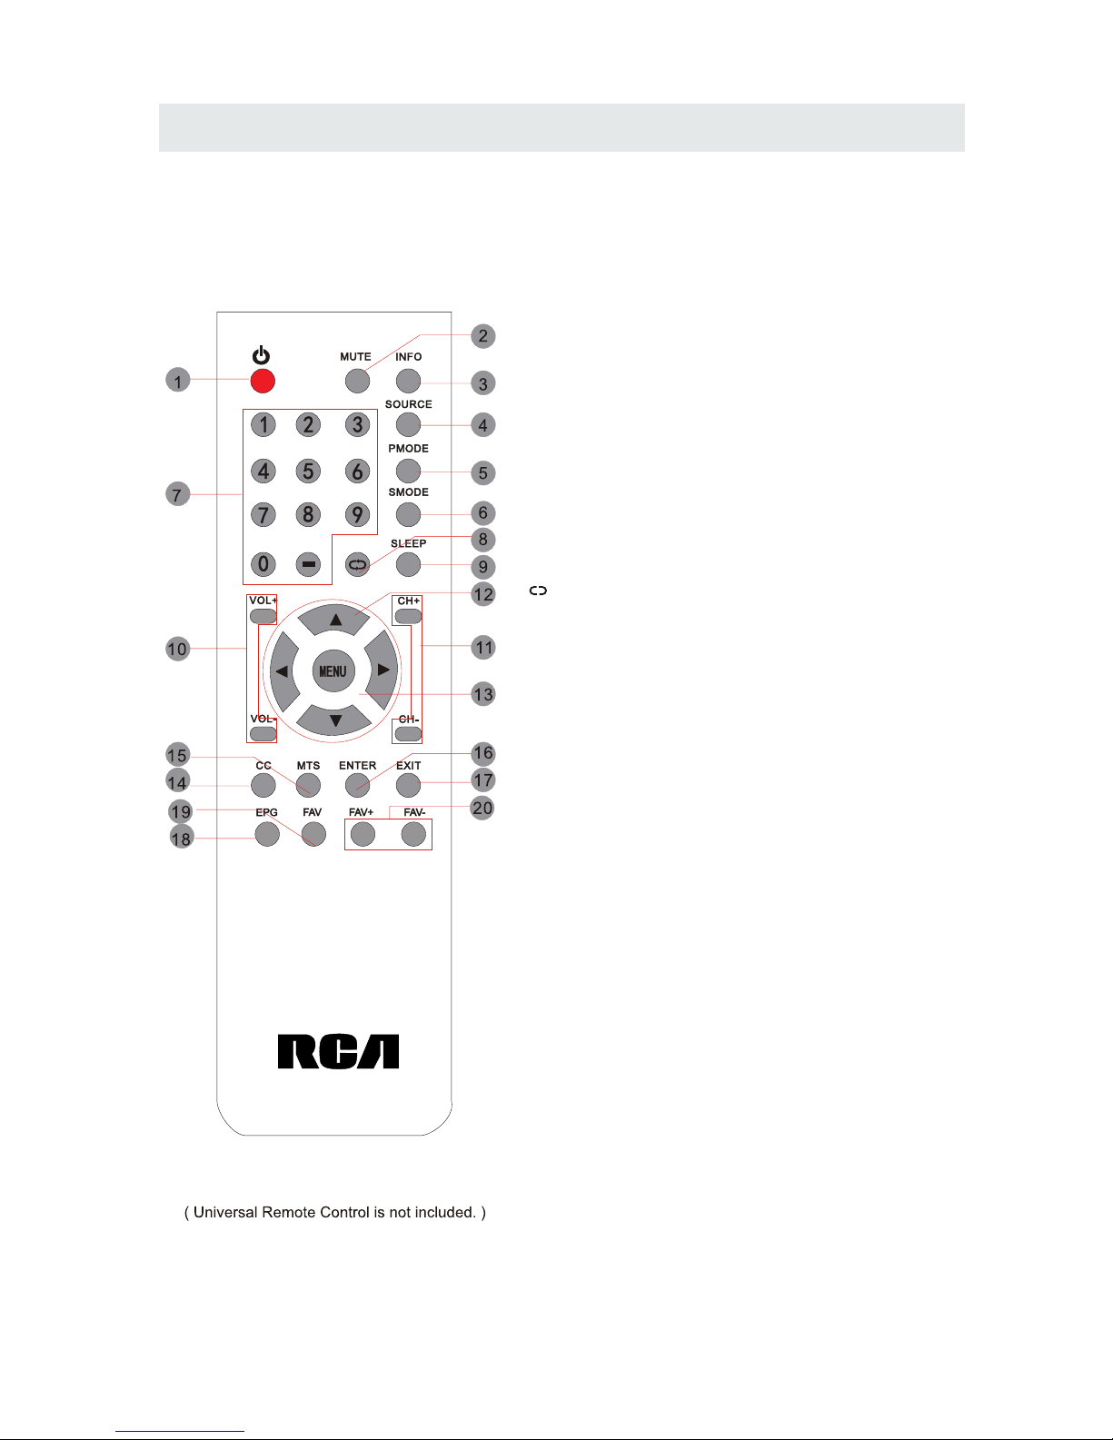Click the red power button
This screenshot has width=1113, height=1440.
point(263,381)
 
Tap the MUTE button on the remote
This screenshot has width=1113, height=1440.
point(357,381)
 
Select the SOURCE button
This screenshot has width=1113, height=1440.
point(409,424)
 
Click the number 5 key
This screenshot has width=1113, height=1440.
point(309,471)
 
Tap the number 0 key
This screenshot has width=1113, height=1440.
point(263,564)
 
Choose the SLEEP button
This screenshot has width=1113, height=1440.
point(409,564)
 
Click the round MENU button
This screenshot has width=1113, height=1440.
point(333,671)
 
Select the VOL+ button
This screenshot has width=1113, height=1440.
point(263,616)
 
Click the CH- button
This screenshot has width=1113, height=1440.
point(409,733)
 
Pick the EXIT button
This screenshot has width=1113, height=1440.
point(409,785)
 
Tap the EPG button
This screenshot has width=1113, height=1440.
point(267,833)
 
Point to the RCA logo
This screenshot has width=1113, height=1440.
point(338,1052)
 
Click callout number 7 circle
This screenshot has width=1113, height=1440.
point(178,495)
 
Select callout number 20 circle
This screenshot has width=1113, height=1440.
point(482,808)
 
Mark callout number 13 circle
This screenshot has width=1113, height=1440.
point(483,695)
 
